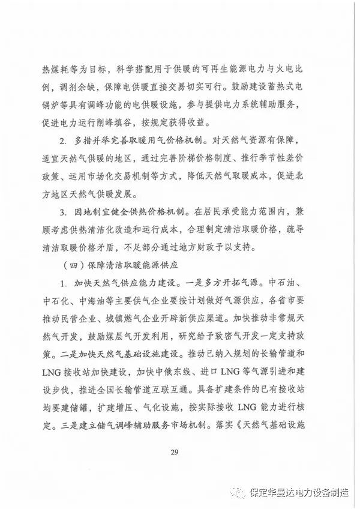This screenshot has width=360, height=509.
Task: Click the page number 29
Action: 175,452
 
